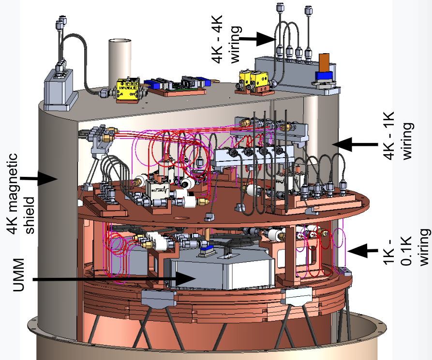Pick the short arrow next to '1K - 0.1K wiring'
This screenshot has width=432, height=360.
(363, 250)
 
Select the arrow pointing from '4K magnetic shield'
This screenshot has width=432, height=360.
(41, 178)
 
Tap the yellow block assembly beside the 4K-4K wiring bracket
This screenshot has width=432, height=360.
(254, 80)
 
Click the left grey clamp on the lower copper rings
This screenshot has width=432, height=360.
(156, 299)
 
